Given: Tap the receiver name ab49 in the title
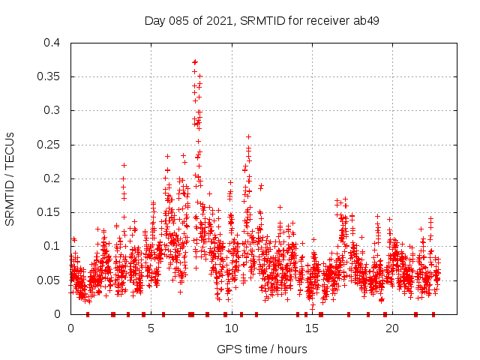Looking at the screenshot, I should (x=367, y=20).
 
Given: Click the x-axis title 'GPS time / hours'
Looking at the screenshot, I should (x=261, y=349).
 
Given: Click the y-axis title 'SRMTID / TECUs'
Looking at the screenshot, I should (x=10, y=178).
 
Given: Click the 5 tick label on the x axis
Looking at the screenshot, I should (x=151, y=328).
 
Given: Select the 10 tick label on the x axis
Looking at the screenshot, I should (x=232, y=328).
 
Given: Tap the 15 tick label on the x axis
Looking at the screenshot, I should (x=312, y=328).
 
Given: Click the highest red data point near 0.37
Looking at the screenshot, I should (x=195, y=62).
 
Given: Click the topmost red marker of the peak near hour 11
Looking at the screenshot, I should (x=248, y=137).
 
